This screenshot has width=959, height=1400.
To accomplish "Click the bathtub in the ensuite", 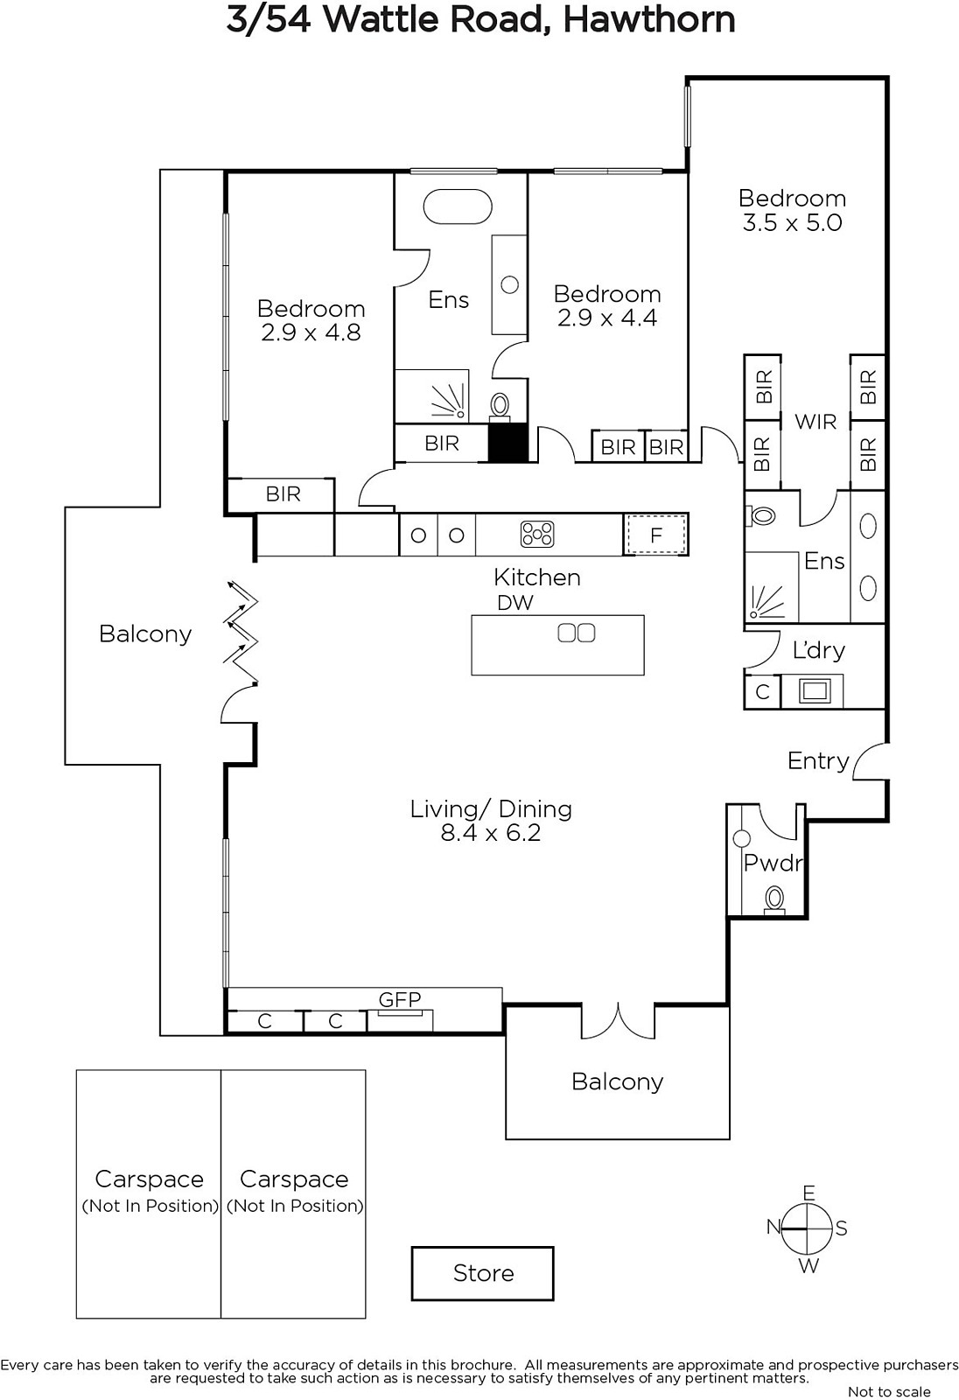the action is click(x=458, y=206).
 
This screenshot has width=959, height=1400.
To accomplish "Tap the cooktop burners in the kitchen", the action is click(x=537, y=535).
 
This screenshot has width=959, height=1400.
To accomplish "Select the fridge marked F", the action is click(x=655, y=535).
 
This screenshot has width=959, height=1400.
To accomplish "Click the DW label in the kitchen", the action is click(x=515, y=603).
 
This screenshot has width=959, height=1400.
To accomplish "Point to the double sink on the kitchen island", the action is click(x=577, y=633).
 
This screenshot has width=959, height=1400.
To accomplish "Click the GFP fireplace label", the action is click(x=400, y=999).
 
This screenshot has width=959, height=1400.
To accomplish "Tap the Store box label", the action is click(x=483, y=1273).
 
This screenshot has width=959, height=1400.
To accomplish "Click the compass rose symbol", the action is click(x=808, y=1228).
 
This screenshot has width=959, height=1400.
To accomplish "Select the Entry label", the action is click(x=818, y=760).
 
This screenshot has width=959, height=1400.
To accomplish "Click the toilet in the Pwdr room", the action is click(x=774, y=900).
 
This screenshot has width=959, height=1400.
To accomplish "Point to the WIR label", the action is click(x=815, y=422).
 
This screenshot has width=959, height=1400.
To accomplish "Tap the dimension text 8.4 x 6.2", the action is click(x=491, y=832).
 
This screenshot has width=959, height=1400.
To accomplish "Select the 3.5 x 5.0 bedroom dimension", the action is click(x=792, y=222).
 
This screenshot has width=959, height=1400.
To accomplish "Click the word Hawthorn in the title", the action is click(x=649, y=20).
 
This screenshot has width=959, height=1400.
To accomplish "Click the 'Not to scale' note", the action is click(x=889, y=1391).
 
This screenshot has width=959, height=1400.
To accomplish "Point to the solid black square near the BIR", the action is click(x=507, y=443).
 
